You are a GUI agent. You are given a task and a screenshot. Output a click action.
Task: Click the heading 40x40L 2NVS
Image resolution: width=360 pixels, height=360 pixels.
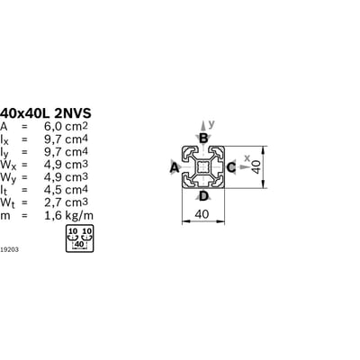click(46, 113)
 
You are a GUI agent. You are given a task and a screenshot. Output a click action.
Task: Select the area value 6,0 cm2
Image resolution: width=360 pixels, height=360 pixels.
click(66, 127)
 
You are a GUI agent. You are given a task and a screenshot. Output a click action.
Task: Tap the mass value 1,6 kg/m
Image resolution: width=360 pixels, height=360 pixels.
click(68, 215)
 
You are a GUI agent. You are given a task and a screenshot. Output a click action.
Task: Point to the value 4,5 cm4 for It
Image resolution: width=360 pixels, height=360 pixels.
click(66, 190)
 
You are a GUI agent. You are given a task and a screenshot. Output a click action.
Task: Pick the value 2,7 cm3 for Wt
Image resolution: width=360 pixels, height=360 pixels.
click(66, 202)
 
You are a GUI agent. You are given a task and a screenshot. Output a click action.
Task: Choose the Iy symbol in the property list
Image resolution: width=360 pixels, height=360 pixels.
click(4, 153)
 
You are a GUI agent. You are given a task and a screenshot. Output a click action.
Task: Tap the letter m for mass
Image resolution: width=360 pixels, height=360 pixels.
click(5, 216)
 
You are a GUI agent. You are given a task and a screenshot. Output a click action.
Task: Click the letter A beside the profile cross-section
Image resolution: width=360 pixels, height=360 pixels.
click(175, 168)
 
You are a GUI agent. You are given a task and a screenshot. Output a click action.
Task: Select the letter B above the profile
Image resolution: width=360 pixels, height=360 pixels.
click(203, 139)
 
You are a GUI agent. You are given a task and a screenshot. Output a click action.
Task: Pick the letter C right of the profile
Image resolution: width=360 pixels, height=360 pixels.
click(231, 167)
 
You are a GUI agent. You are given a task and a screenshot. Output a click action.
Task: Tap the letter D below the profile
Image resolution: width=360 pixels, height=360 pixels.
click(203, 196)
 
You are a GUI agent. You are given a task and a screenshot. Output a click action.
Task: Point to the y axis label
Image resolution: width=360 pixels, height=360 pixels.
click(211, 124)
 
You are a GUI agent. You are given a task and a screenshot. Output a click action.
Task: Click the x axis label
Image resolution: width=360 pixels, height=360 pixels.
click(247, 157)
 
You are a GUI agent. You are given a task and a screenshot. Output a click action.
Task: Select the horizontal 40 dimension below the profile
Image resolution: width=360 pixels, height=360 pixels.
click(202, 214)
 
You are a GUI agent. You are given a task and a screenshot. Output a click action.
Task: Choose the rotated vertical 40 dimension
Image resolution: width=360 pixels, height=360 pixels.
click(256, 166)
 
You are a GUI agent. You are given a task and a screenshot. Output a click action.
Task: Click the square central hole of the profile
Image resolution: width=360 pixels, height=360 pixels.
click(203, 167)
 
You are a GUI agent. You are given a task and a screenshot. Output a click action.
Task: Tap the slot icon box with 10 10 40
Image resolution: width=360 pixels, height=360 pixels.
click(79, 238)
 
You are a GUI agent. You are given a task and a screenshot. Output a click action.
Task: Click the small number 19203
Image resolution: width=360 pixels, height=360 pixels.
click(9, 249)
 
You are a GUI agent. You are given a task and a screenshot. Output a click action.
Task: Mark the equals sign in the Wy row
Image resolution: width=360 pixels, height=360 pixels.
click(24, 177)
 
